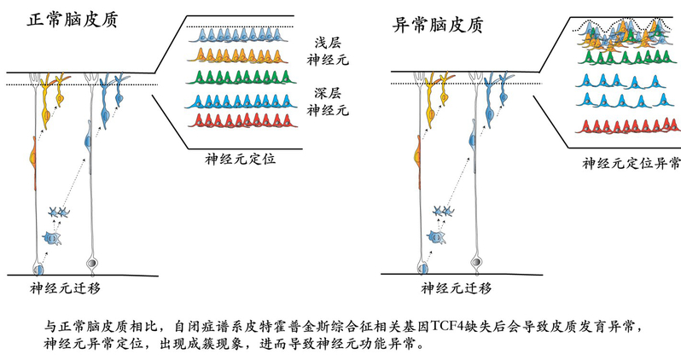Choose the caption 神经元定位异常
(x=631, y=162)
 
